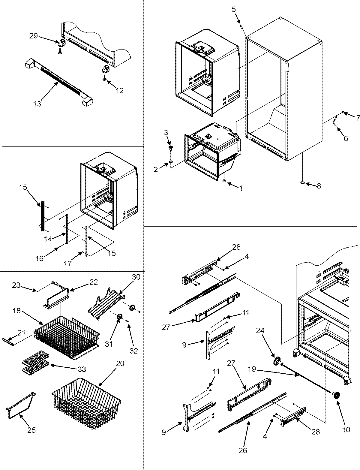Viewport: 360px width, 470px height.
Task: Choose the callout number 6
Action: click(x=345, y=138)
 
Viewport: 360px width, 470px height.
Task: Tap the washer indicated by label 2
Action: click(x=170, y=162)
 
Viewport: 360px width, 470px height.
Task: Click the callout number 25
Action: click(x=31, y=430)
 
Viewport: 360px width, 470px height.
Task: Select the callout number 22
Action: click(x=94, y=282)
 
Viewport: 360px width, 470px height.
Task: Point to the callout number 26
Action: click(x=243, y=450)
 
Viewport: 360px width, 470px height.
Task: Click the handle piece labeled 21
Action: click(x=9, y=340)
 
